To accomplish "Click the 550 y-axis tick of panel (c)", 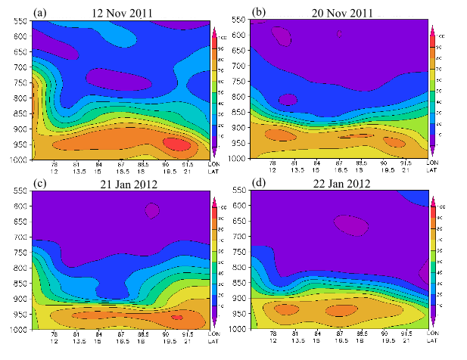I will coord(17,190).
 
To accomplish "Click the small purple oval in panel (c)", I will coord(153,210).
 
